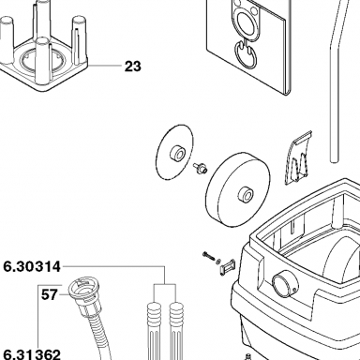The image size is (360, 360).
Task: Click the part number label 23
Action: click(x=133, y=67)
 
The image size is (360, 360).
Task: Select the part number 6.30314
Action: click(x=32, y=267)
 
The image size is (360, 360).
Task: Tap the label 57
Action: click(x=50, y=294)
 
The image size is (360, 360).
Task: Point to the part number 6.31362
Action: click(x=32, y=354)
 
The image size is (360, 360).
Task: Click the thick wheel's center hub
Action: click(x=245, y=195)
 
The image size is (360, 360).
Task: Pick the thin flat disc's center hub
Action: click(x=177, y=153)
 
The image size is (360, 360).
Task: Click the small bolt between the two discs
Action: click(x=201, y=167)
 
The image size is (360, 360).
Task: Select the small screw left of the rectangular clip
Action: click(x=208, y=256)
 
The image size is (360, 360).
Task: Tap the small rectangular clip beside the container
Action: click(x=227, y=267)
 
